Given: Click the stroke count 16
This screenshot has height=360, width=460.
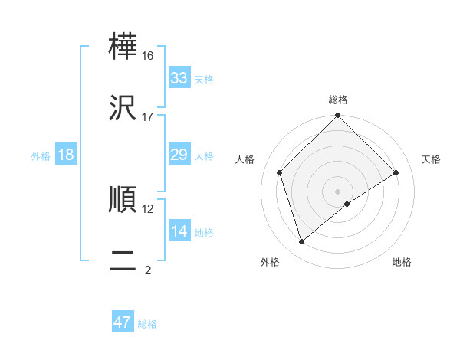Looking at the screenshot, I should (x=147, y=56).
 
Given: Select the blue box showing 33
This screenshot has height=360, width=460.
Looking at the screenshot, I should (x=179, y=78).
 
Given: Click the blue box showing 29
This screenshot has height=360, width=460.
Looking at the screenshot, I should (x=179, y=155).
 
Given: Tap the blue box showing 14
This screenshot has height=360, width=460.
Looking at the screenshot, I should (x=179, y=231).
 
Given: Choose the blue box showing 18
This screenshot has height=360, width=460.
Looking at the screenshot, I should (x=66, y=155).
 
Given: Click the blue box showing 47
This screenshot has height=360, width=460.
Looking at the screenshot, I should (x=123, y=322).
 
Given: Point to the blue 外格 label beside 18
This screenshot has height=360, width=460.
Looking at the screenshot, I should (x=41, y=156).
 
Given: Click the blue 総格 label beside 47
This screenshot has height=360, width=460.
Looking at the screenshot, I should (x=147, y=324).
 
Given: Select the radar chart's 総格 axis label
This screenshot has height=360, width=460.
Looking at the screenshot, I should (x=338, y=100).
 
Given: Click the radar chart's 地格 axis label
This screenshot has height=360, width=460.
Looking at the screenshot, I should (x=402, y=262).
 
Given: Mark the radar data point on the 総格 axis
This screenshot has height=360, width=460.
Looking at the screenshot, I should (x=338, y=117).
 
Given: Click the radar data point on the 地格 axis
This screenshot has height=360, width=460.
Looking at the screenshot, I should (x=347, y=204).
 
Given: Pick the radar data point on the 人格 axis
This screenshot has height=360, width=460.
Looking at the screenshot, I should (x=280, y=172).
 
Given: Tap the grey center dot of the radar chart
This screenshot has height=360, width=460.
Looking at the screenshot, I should (x=338, y=191).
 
